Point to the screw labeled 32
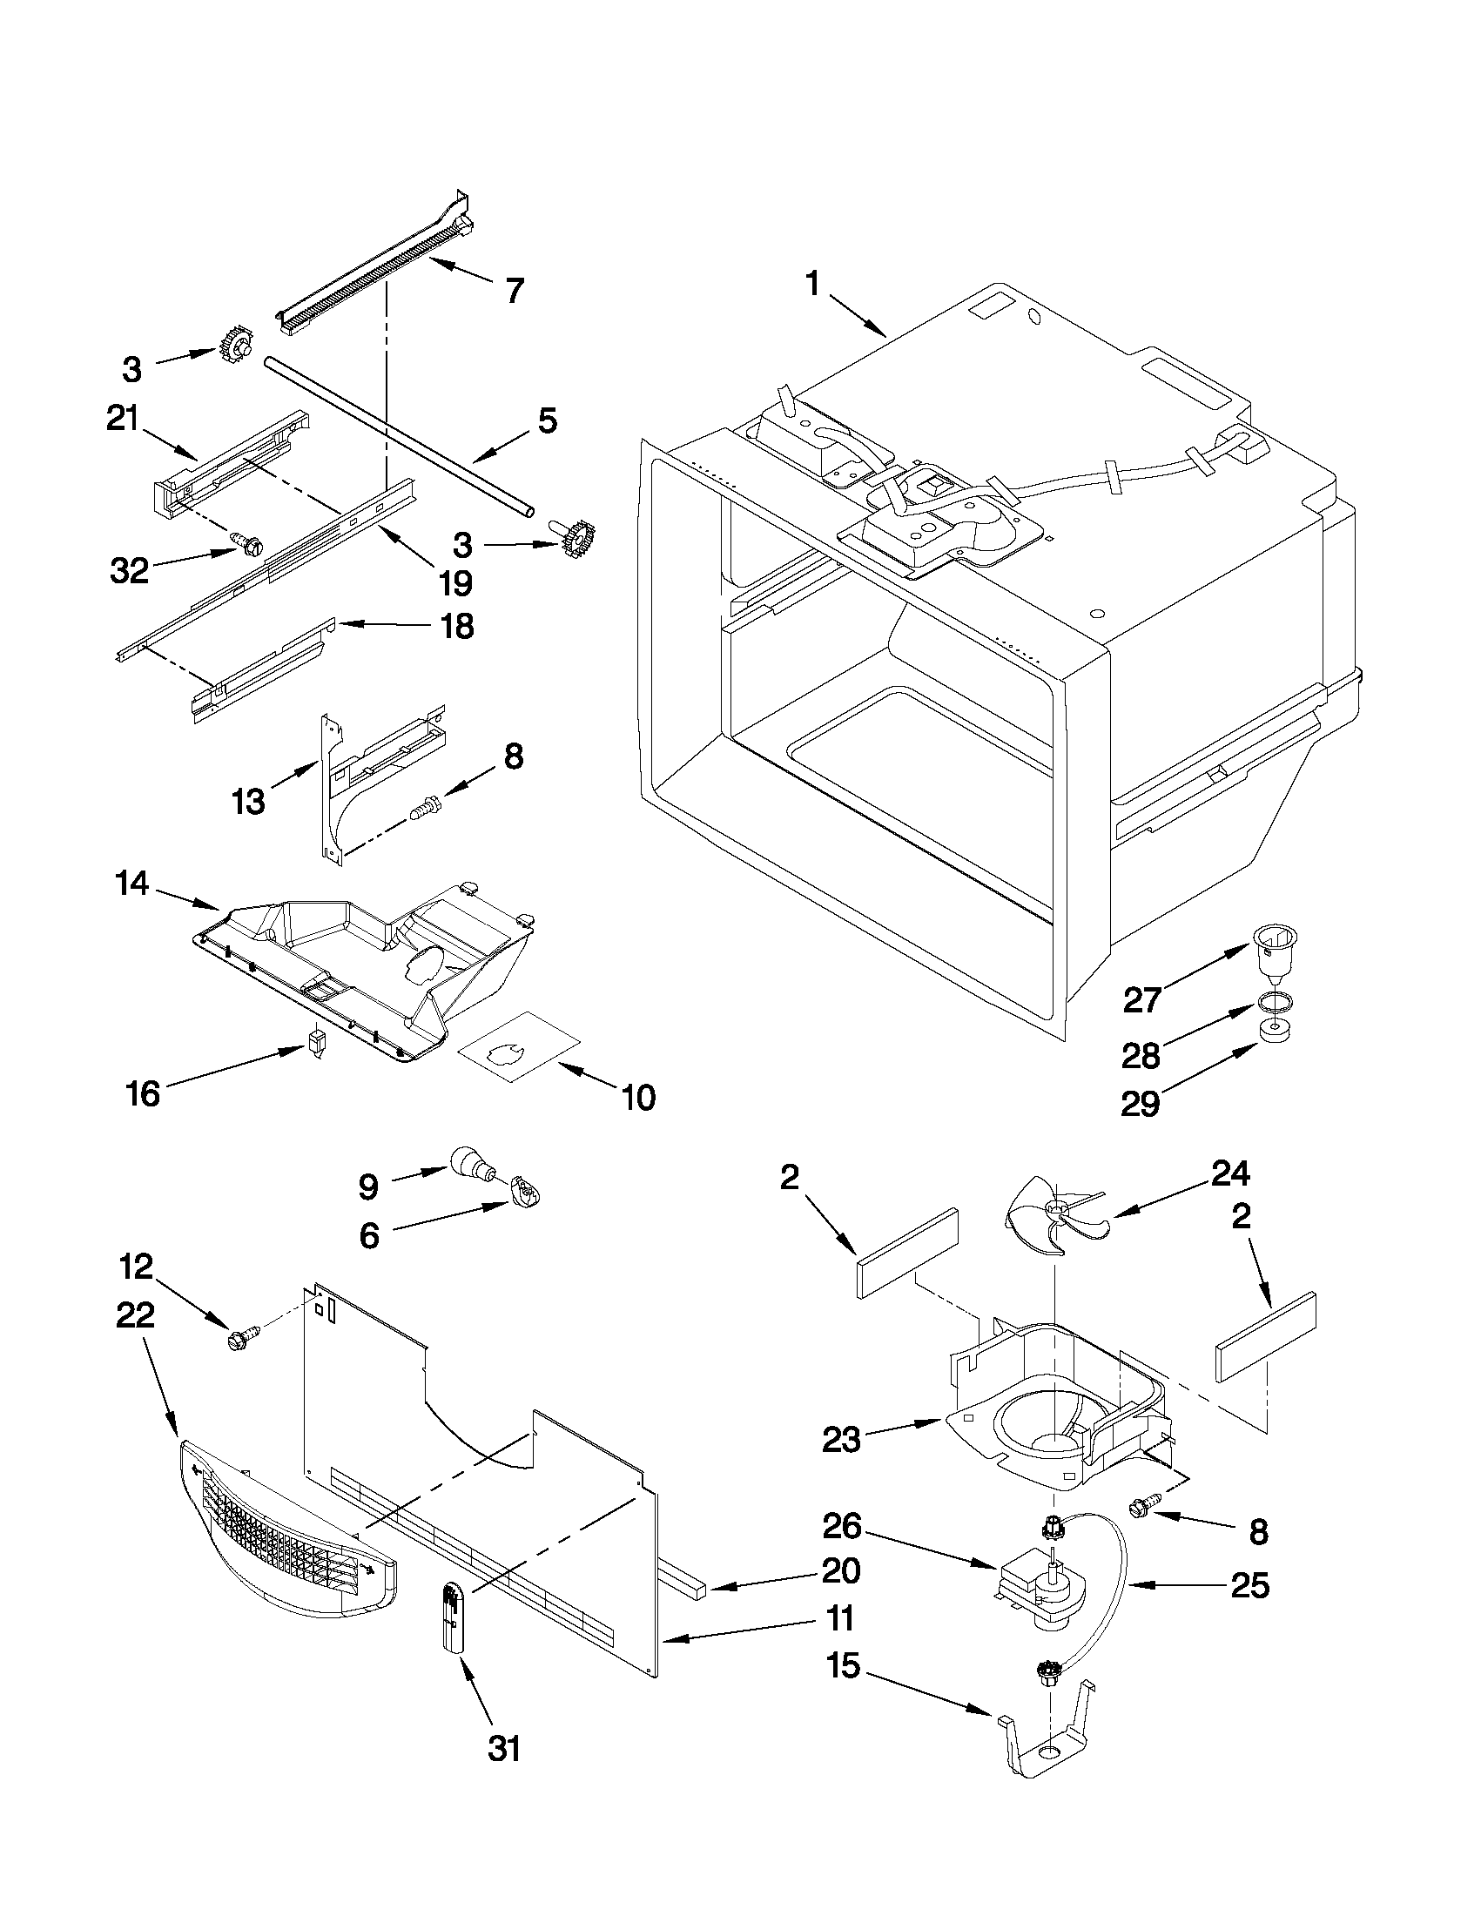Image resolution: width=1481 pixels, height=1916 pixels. click(244, 541)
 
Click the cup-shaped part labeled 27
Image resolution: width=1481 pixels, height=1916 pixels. click(1274, 949)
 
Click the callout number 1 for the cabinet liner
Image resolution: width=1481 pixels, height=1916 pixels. click(812, 286)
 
